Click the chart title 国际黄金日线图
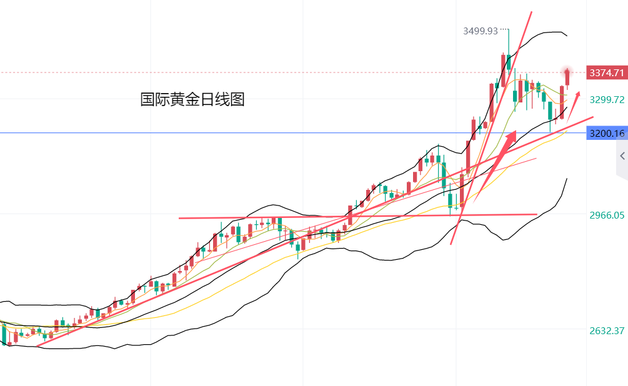(192, 99)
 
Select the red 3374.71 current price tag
(606, 73)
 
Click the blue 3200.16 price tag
(606, 133)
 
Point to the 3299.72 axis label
(606, 99)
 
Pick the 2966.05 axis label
(606, 215)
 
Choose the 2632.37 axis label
(606, 330)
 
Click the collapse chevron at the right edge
(622, 156)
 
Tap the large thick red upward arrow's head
(511, 136)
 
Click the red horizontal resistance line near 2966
(356, 216)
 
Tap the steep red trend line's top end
(531, 12)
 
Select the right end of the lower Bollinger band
(567, 179)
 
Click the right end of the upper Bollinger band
(566, 35)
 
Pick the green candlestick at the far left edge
(4, 335)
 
